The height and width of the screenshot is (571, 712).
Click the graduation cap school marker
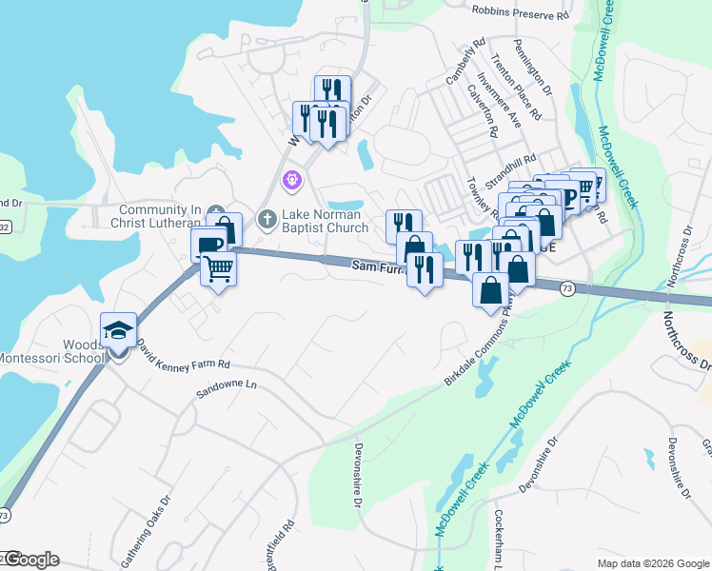coord(118,330)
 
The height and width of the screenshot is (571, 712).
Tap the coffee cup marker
coord(209,245)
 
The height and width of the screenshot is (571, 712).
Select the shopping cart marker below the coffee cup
coord(218,271)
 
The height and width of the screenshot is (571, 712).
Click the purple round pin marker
coord(291,179)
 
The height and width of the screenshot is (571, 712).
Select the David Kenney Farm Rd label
coord(183,356)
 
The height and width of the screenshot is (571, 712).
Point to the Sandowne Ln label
coord(227,388)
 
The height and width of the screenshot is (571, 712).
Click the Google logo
coord(30,560)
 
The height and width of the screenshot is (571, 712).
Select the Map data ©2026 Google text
coord(652,562)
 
